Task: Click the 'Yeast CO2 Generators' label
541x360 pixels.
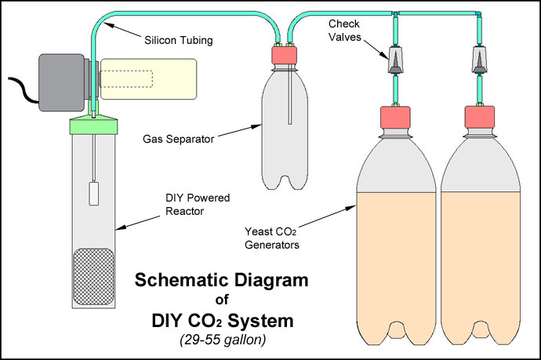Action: pyautogui.click(x=271, y=237)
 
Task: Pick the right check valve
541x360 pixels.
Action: pyautogui.click(x=479, y=60)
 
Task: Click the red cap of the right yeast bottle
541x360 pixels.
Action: pyautogui.click(x=479, y=116)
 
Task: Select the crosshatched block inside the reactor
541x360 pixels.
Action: pyautogui.click(x=94, y=276)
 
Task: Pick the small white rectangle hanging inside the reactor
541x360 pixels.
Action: pyautogui.click(x=94, y=194)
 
